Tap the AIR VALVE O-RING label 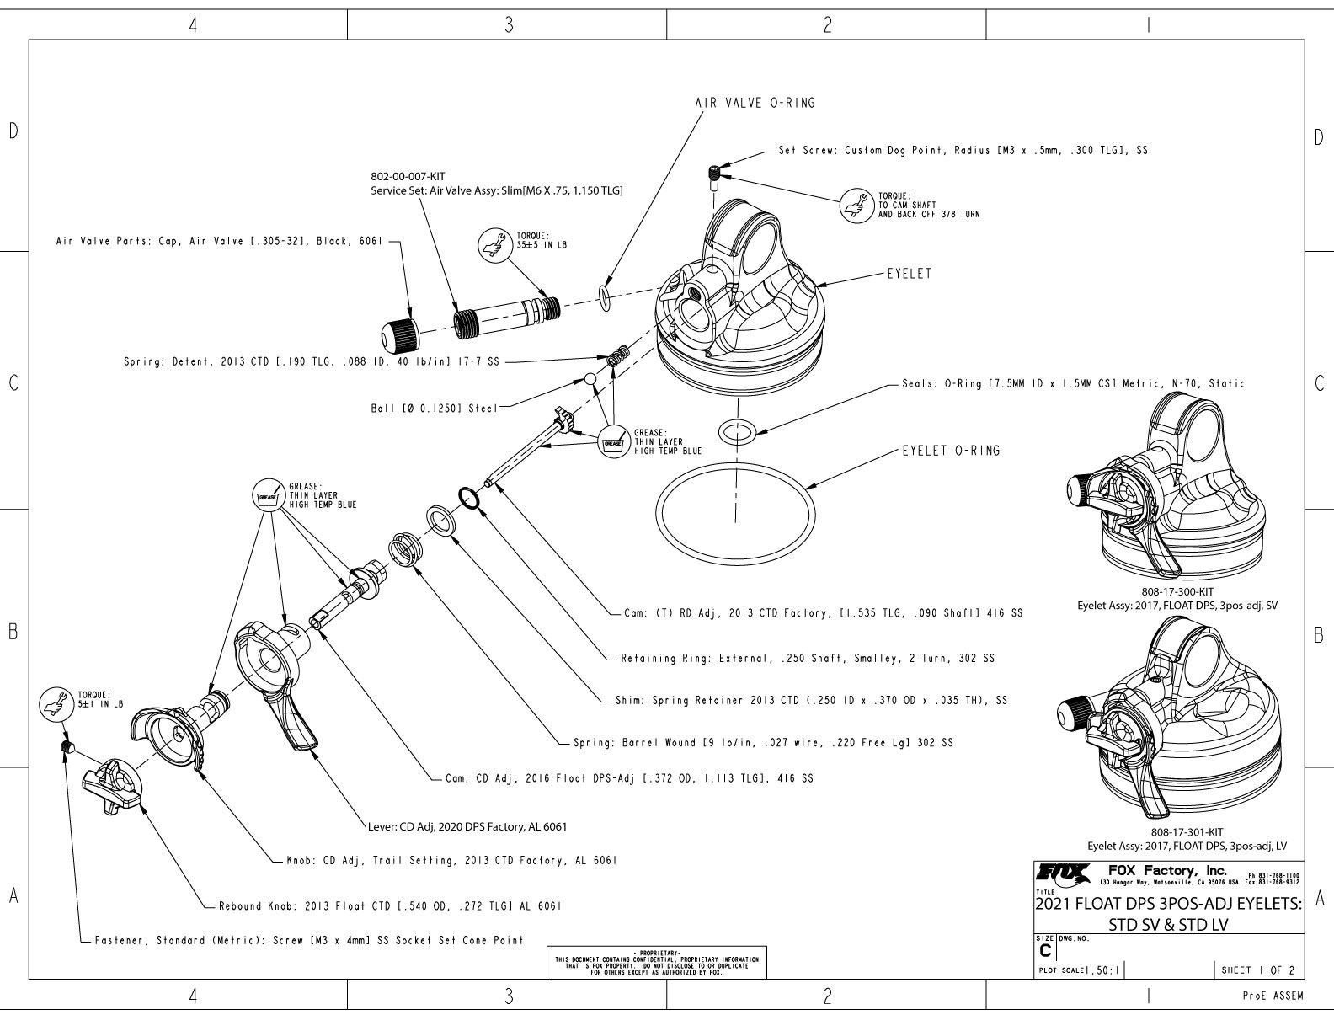(x=755, y=103)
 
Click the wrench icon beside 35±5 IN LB (x=491, y=243)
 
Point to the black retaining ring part (x=468, y=498)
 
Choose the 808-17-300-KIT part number (x=1177, y=592)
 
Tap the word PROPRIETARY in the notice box (x=656, y=952)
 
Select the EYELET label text (x=909, y=274)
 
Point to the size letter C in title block (x=1045, y=950)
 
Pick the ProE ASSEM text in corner (x=1273, y=996)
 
